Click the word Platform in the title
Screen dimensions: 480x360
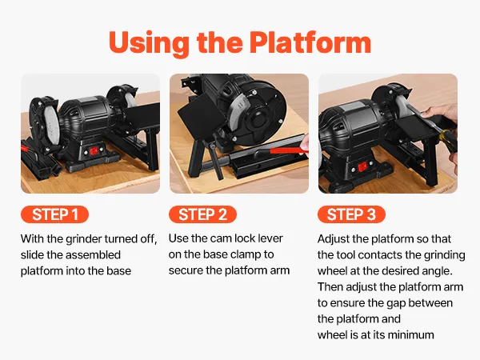pos(310,42)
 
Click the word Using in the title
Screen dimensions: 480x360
pos(149,43)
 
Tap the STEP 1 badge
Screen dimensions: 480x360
pos(54,214)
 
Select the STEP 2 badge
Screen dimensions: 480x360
pos(202,214)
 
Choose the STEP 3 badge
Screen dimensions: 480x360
pos(351,214)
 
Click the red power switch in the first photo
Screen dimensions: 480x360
pos(94,151)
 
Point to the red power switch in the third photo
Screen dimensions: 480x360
pos(362,167)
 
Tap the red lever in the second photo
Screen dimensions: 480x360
pos(288,150)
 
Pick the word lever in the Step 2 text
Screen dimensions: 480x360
pos(270,238)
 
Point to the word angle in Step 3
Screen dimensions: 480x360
pos(436,271)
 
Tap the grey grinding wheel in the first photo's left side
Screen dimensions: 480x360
pos(50,122)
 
